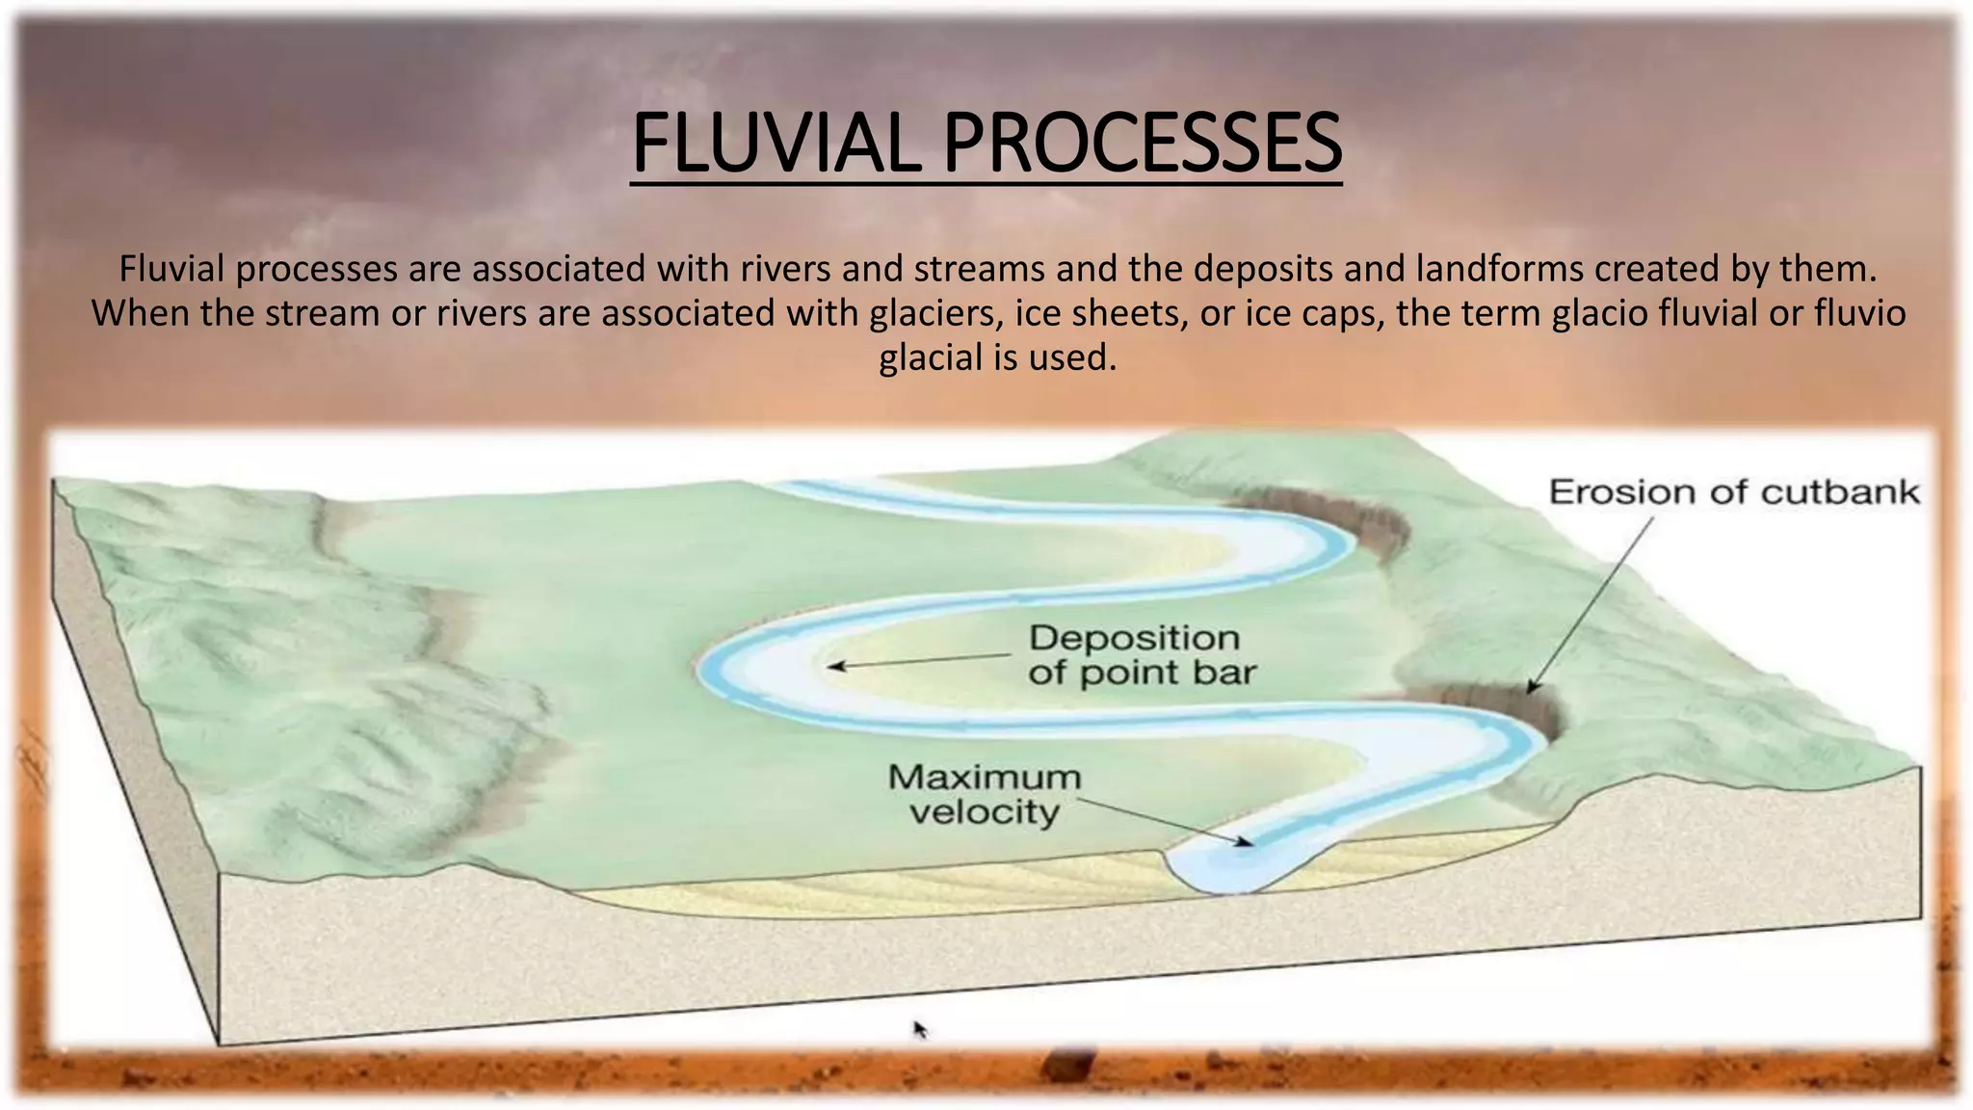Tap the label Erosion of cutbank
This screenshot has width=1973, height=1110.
pyautogui.click(x=1733, y=492)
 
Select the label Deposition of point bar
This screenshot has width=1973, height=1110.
pyautogui.click(x=1141, y=655)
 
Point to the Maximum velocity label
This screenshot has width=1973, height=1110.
pyautogui.click(x=984, y=794)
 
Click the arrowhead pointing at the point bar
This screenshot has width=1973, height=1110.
pyautogui.click(x=834, y=666)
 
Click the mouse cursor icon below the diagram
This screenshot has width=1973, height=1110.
pyautogui.click(x=919, y=1029)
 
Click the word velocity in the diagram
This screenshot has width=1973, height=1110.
pyautogui.click(x=984, y=812)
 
